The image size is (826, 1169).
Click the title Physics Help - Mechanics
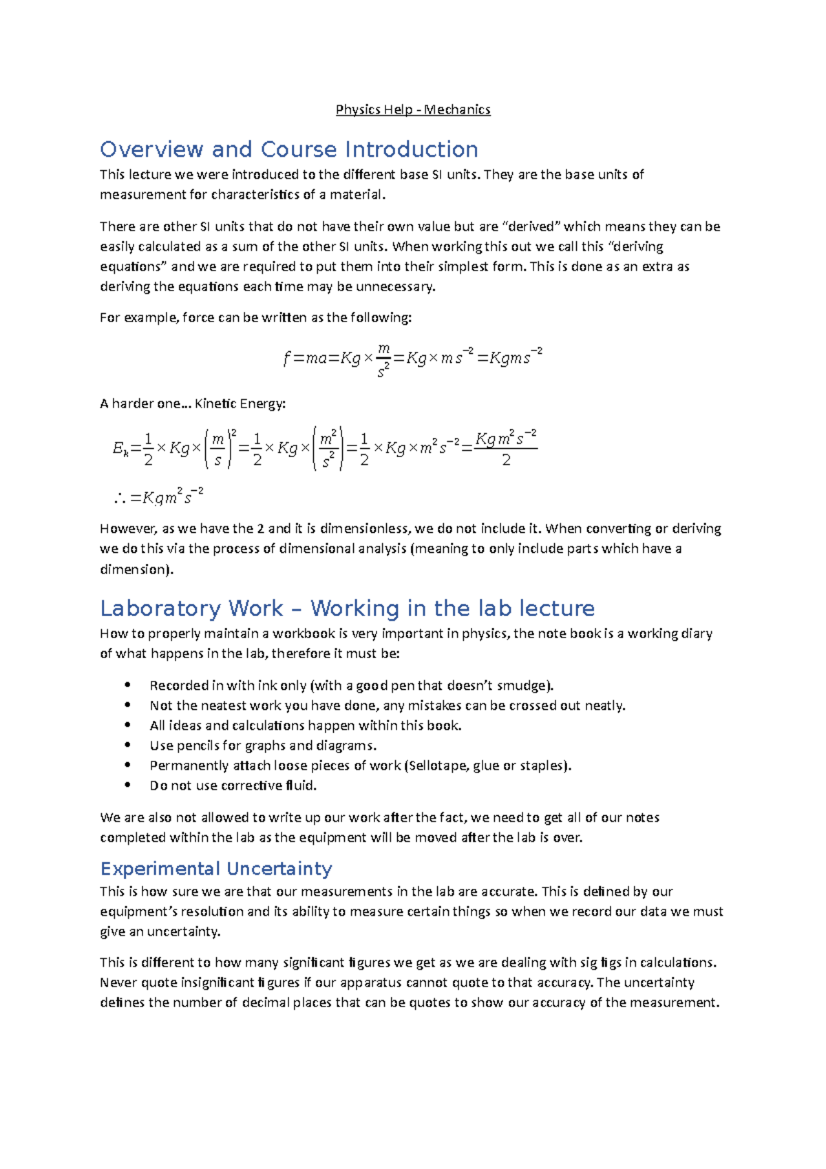click(413, 109)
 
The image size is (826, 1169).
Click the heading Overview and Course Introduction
click(289, 149)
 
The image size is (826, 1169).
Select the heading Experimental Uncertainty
click(216, 868)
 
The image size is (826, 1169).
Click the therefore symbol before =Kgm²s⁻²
click(120, 498)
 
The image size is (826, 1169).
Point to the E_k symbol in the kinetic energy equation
click(118, 449)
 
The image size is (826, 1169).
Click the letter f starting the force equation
click(286, 358)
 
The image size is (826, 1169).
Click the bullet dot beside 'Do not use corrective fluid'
click(127, 786)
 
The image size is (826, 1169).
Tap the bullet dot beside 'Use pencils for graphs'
click(127, 746)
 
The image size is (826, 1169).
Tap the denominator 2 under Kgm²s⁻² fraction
click(507, 460)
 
